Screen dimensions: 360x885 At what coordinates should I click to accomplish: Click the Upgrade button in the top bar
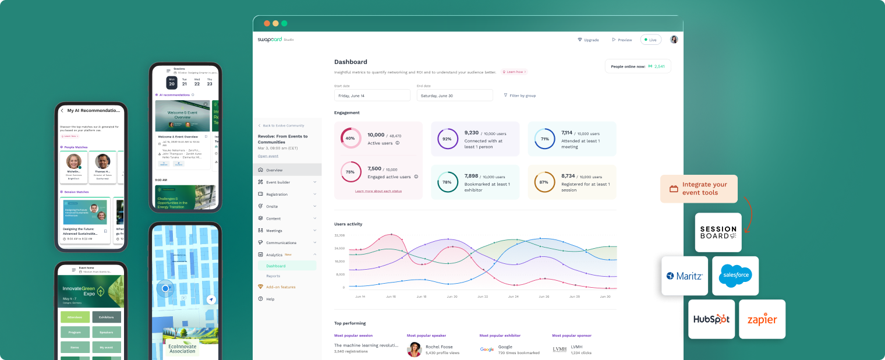coord(588,40)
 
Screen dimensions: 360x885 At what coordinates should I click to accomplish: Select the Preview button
coord(622,40)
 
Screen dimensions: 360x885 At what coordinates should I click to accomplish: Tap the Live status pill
coord(650,40)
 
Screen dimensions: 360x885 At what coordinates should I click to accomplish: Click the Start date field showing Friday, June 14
coord(372,96)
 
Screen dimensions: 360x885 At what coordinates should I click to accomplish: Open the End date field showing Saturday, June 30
coord(454,96)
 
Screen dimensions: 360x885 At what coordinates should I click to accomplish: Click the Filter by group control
coord(520,96)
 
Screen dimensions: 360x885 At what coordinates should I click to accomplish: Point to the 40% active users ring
coord(351,138)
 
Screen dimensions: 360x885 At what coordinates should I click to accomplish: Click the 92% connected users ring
coord(447,139)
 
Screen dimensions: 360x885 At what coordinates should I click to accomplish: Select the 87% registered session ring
coord(544,182)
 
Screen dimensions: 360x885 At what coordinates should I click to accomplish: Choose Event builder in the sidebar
coord(278,182)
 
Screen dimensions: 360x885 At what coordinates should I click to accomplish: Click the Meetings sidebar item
coord(274,231)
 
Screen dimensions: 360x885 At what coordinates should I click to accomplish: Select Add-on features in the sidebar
coord(281,287)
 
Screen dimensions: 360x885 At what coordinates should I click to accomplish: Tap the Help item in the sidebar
coord(270,299)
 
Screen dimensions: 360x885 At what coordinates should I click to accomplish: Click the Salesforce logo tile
coord(735,276)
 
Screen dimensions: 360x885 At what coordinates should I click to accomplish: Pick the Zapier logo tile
coord(762,319)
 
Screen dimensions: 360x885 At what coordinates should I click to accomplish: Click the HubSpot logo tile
coord(711,319)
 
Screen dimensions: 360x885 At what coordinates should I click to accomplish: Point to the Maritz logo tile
coord(685,276)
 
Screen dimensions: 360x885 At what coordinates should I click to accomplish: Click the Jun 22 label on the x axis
coord(483,297)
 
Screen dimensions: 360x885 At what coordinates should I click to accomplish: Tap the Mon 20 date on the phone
coord(172,82)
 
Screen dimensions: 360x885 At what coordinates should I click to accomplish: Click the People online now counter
coord(638,66)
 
